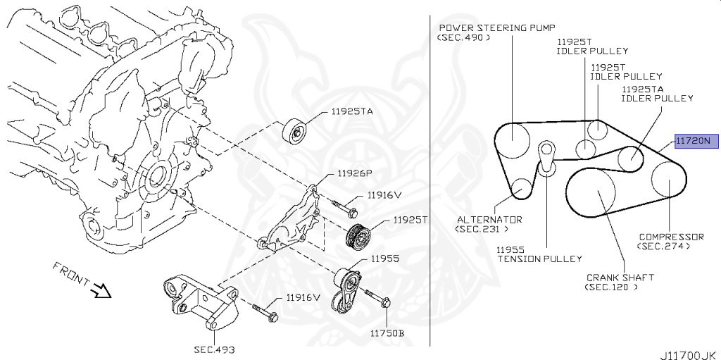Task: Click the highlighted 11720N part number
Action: tap(696, 141)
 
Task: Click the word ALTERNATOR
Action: tap(489, 219)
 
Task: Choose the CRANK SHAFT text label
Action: tap(619, 278)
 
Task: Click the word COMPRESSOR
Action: tap(671, 237)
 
